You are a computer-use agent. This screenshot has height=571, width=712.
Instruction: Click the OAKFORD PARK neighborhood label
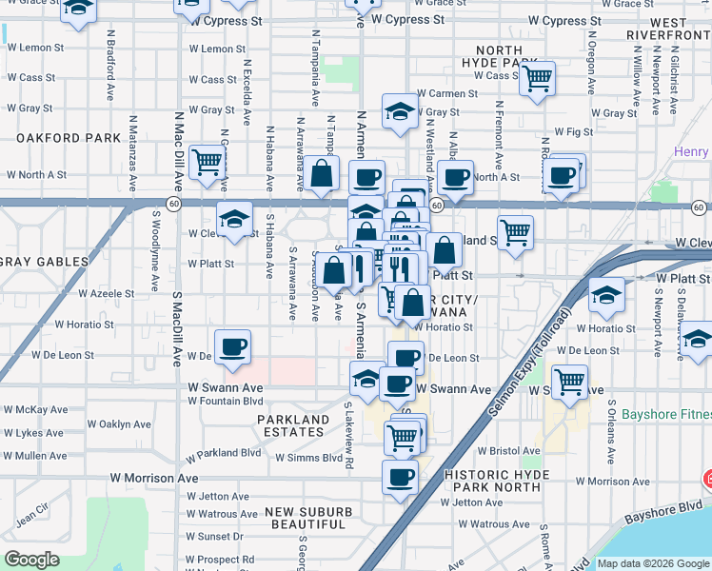[x=69, y=138]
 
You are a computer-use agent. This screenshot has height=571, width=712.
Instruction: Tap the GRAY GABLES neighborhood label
[x=44, y=261]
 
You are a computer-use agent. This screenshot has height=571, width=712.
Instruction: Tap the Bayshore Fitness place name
[x=665, y=415]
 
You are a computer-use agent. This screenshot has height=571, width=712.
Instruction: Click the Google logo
[x=31, y=560]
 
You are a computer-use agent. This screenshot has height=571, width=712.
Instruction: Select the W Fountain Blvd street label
[x=225, y=401]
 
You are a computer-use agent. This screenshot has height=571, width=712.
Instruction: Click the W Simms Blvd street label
[x=308, y=458]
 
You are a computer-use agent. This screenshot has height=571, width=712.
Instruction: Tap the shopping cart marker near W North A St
[x=207, y=162]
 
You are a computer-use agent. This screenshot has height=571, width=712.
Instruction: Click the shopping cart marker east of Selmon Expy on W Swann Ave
[x=569, y=383]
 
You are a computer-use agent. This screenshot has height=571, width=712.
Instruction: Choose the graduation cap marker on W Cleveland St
[x=234, y=219]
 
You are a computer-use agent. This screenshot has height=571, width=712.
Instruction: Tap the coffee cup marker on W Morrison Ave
[x=400, y=477]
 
